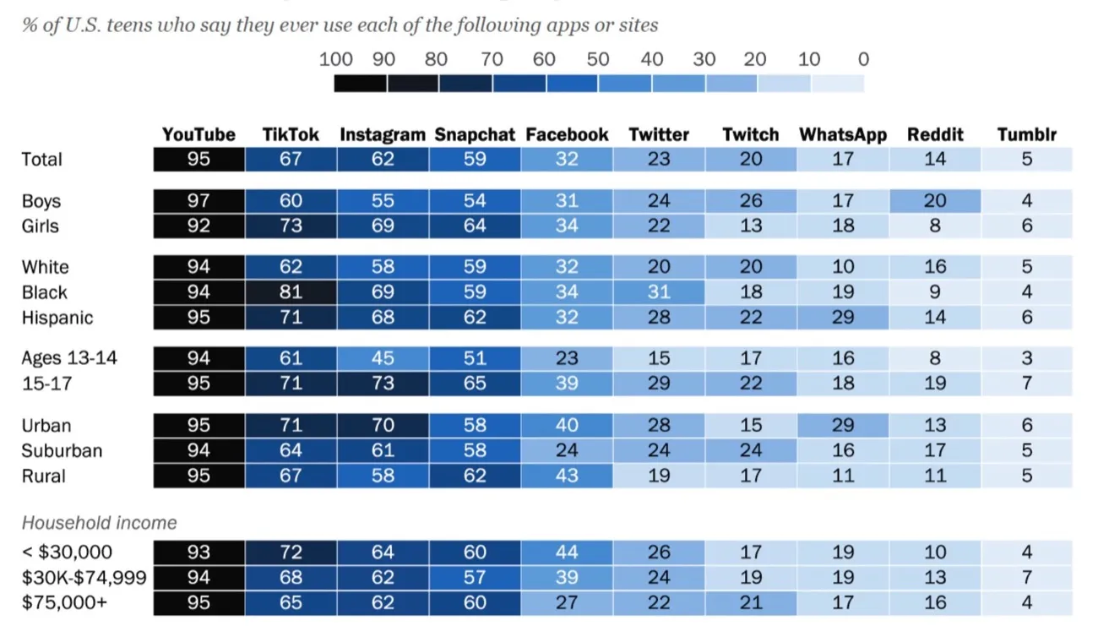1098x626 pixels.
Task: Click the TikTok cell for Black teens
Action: click(x=291, y=292)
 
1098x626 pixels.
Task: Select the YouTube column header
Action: click(x=198, y=134)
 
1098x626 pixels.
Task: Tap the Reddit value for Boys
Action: click(x=935, y=201)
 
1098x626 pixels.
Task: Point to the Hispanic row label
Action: click(x=57, y=318)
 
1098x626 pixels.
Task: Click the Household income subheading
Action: click(x=100, y=522)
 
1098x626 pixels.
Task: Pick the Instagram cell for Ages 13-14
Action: click(x=383, y=358)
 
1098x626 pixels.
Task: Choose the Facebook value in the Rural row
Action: click(x=567, y=476)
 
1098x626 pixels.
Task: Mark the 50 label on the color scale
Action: click(x=598, y=59)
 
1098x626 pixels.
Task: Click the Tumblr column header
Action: click(x=1026, y=134)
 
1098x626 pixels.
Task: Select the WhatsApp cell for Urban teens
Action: click(x=843, y=426)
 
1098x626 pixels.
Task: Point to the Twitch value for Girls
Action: click(x=751, y=226)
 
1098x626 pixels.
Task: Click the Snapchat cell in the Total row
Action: click(x=475, y=159)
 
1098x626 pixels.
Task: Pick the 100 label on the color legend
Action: click(x=335, y=59)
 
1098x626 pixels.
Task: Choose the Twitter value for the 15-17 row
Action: click(x=659, y=384)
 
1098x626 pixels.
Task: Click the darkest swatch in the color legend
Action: click(x=360, y=84)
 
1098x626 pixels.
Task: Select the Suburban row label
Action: click(x=62, y=450)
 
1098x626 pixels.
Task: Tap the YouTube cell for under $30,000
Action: click(x=198, y=553)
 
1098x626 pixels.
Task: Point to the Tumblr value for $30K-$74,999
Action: click(x=1026, y=578)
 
